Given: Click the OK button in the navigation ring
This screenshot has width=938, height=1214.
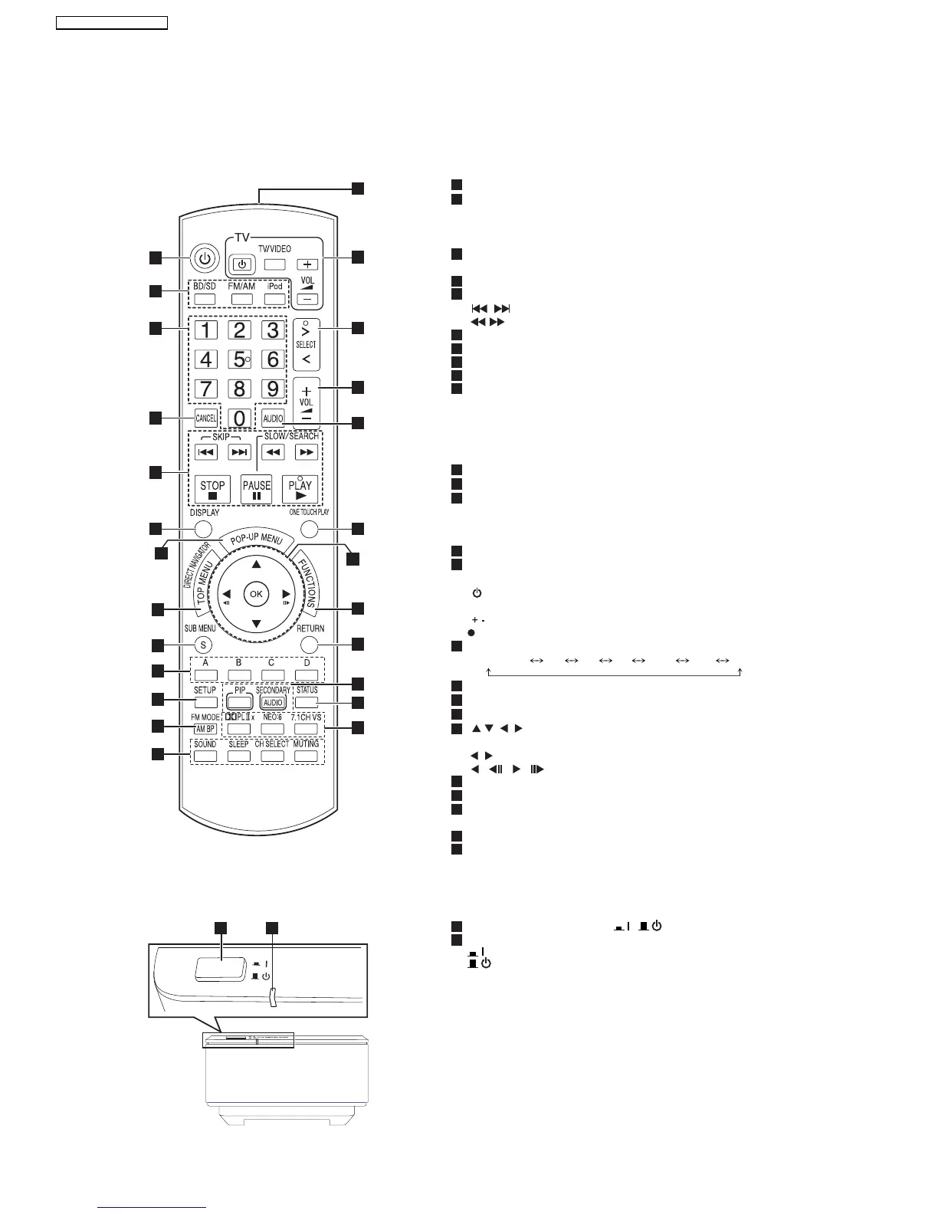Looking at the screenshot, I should point(256,594).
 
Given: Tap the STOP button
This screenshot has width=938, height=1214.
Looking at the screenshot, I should point(212,488).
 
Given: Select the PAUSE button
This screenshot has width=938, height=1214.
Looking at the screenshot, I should point(257,488).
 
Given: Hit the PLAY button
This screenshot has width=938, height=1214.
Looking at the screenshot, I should point(300,488).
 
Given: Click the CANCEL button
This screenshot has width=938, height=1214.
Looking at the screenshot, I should point(206,418).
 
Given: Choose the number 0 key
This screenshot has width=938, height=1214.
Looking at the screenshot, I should point(240,418).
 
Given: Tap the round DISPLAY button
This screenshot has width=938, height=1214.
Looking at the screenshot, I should point(202,528).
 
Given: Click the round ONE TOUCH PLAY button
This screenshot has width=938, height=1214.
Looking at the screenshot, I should point(309,528).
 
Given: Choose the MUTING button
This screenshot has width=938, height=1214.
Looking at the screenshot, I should point(305,756).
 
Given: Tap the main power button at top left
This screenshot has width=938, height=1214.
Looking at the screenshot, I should point(203,258).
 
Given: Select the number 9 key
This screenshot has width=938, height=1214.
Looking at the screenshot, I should point(272,389).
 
